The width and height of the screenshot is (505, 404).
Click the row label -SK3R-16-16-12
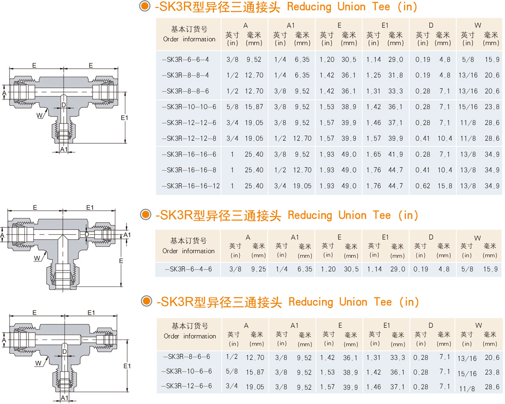[x=191, y=186]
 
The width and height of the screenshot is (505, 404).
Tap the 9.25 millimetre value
[x=258, y=269]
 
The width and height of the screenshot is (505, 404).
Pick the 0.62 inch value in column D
[x=423, y=186]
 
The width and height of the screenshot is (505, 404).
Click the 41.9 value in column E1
[x=395, y=155]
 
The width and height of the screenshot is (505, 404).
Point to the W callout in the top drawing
[x=39, y=115]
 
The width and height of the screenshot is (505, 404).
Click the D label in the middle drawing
[x=87, y=234]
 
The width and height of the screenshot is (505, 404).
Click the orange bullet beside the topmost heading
[x=145, y=6]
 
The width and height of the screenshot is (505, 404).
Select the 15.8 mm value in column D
[x=444, y=186]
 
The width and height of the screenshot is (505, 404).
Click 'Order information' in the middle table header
[x=189, y=251]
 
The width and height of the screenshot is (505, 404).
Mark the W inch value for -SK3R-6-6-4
[x=467, y=60]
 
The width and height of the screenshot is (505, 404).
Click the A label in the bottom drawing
[x=3, y=340]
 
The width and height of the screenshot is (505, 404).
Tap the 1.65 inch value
[x=373, y=155]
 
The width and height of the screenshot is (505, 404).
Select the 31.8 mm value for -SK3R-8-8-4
[x=395, y=75]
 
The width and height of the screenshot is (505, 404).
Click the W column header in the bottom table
[x=478, y=325]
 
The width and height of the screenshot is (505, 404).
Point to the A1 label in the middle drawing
[x=127, y=235]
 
